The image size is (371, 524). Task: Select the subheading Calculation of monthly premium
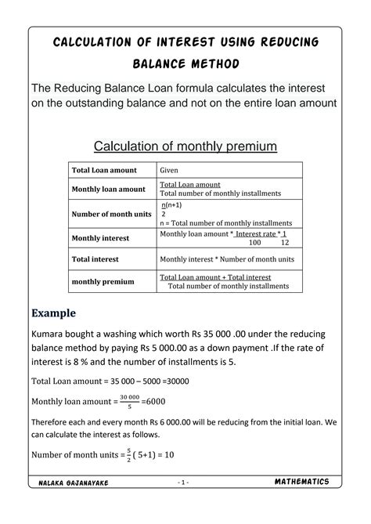pos(185,146)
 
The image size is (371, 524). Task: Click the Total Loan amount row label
pos(104,170)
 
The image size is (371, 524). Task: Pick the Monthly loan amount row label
pos(108,189)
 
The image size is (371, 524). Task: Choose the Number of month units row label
pos(111,214)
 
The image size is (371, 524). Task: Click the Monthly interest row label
pos(100,238)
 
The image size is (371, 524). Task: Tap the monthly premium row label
pos(103,281)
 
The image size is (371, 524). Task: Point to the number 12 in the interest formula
pos(285,243)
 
